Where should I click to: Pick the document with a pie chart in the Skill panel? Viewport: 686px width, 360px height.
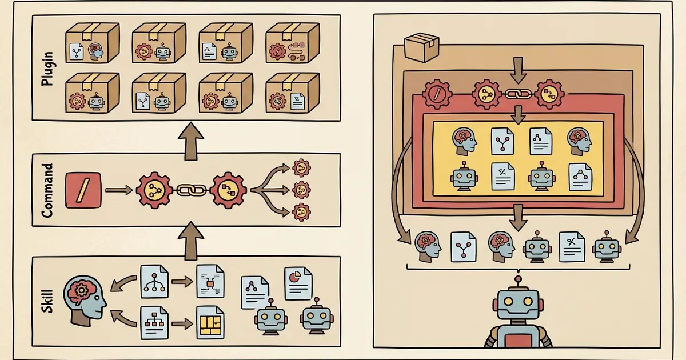298,283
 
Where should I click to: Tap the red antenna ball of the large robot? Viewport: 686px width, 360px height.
518,280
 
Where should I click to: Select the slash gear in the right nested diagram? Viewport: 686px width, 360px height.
437,94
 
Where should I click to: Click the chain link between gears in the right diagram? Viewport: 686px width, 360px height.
517,94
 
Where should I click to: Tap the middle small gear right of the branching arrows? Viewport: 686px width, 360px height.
301,189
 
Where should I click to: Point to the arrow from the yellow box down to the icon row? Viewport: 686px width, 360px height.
517,217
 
